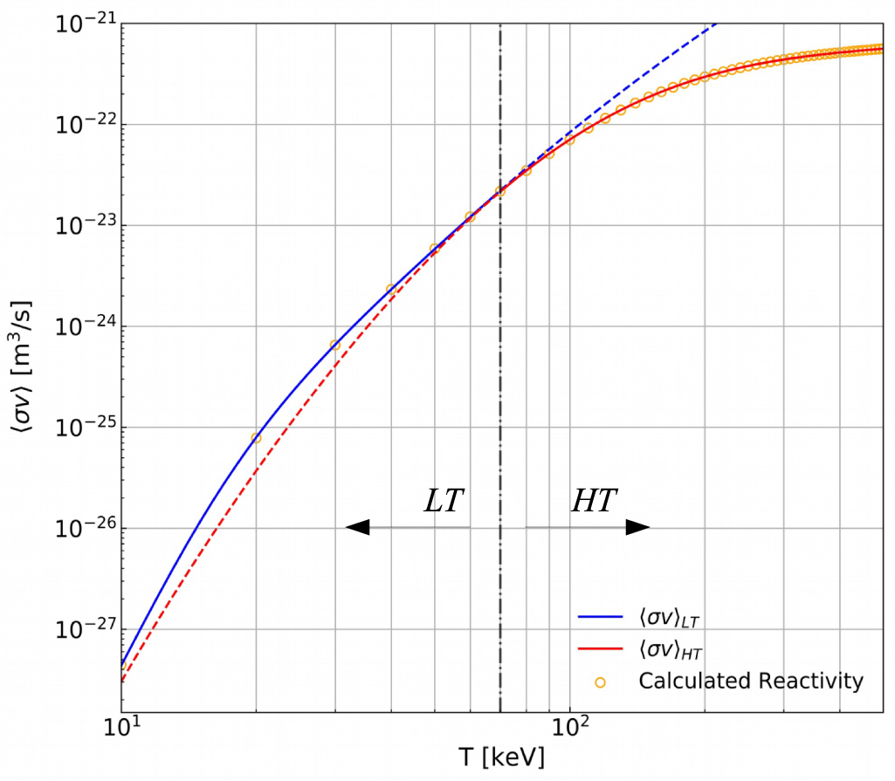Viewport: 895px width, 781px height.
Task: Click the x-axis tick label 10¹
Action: tap(121, 727)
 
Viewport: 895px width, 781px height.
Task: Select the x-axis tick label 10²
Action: tap(569, 727)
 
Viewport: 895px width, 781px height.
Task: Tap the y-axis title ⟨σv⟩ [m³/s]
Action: tap(24, 367)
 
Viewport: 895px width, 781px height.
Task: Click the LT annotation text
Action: tap(444, 502)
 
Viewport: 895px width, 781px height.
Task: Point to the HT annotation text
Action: tap(595, 502)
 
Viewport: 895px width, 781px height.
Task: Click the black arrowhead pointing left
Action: tap(358, 527)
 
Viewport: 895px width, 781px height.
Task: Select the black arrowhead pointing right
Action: tap(638, 527)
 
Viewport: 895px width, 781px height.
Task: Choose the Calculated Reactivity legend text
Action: tap(750, 681)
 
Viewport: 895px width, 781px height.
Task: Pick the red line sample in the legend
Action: tap(600, 649)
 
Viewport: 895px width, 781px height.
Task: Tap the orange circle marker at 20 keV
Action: tap(256, 438)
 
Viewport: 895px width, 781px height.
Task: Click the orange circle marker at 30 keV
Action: tap(334, 346)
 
